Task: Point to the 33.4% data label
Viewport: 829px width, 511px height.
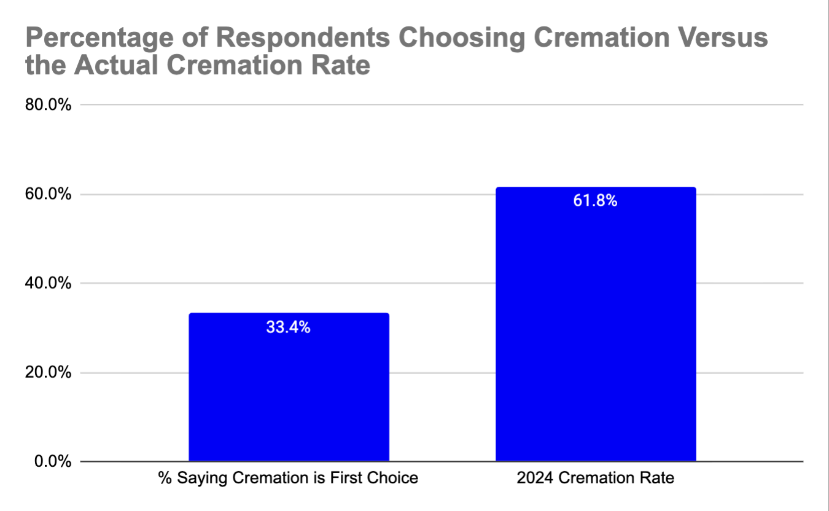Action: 288,327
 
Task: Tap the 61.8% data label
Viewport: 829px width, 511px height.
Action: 595,201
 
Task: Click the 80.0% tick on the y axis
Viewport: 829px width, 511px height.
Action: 48,105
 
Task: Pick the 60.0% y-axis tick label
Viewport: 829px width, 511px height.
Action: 48,195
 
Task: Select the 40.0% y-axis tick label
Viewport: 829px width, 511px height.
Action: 48,284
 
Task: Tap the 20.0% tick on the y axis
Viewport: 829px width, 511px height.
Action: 48,373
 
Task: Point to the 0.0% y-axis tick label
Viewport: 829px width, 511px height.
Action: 52,462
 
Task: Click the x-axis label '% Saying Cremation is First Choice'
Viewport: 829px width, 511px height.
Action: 288,478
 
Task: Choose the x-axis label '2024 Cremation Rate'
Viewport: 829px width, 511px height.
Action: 595,478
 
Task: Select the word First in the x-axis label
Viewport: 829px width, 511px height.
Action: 366,478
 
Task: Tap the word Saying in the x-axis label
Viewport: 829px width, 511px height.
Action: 195,478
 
